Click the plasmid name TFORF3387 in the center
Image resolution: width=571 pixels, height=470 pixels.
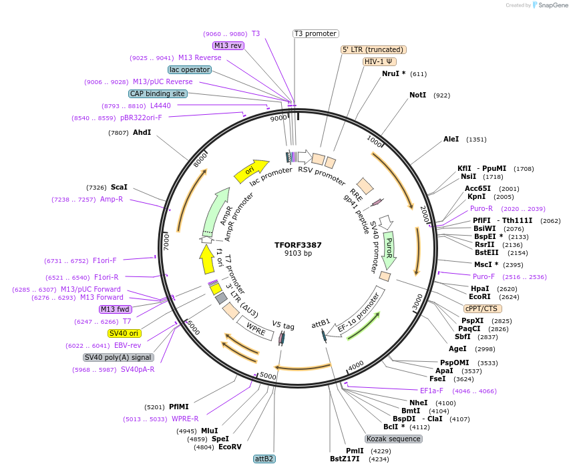pyautogui.click(x=298, y=244)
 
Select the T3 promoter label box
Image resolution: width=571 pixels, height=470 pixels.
pyautogui.click(x=316, y=33)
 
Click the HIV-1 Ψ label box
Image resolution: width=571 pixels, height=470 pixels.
pyautogui.click(x=378, y=61)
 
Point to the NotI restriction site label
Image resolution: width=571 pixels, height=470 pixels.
pyautogui.click(x=417, y=95)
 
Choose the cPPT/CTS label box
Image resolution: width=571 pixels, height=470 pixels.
pyautogui.click(x=482, y=308)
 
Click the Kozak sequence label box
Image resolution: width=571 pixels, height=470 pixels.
pyautogui.click(x=393, y=439)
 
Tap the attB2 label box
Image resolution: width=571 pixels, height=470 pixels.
pyautogui.click(x=264, y=459)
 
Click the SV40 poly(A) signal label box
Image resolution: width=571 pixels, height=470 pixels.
pyautogui.click(x=118, y=357)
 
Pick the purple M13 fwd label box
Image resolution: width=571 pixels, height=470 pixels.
pyautogui.click(x=115, y=309)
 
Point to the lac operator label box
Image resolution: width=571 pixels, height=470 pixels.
pyautogui.click(x=190, y=69)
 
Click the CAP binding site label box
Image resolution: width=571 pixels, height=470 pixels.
pyautogui.click(x=158, y=93)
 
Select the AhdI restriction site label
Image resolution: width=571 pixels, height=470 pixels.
pyautogui.click(x=142, y=132)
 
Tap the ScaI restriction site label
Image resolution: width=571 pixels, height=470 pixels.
pyautogui.click(x=119, y=187)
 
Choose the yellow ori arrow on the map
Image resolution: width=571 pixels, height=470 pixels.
pyautogui.click(x=250, y=171)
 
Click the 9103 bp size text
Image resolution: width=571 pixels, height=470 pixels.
pyautogui.click(x=298, y=254)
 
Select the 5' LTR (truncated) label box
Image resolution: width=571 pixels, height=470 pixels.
pyautogui.click(x=373, y=49)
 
